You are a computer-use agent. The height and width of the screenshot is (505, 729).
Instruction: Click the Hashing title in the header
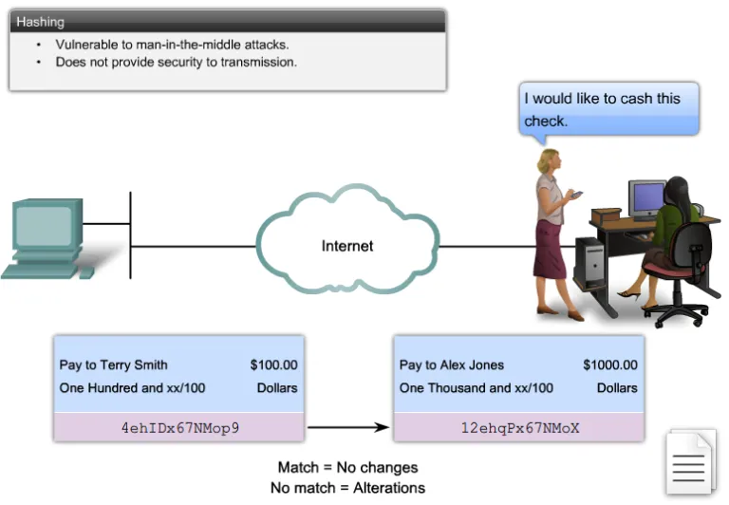tap(40, 21)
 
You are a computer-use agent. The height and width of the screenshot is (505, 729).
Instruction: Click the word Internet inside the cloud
tap(346, 246)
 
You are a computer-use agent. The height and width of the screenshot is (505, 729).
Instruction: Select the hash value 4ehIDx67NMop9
tap(179, 427)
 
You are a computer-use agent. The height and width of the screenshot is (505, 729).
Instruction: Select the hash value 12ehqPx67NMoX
tap(519, 427)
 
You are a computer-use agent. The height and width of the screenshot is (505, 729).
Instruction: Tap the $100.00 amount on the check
tap(273, 365)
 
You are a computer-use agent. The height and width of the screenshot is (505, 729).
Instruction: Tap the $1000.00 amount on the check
tap(609, 365)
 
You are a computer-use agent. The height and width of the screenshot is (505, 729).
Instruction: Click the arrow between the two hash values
tap(348, 427)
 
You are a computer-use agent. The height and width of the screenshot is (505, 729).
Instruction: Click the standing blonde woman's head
tap(547, 159)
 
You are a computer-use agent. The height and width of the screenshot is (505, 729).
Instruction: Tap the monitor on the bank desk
tap(647, 199)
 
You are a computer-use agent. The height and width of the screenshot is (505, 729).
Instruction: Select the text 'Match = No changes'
tap(347, 468)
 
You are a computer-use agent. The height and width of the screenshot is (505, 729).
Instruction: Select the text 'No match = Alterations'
tap(347, 488)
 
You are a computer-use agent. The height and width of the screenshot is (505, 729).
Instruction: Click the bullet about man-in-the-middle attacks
tap(172, 45)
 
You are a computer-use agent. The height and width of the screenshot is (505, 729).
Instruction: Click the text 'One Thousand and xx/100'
tap(476, 387)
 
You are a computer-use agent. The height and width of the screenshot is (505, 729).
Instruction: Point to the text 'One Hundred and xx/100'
tap(132, 387)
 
